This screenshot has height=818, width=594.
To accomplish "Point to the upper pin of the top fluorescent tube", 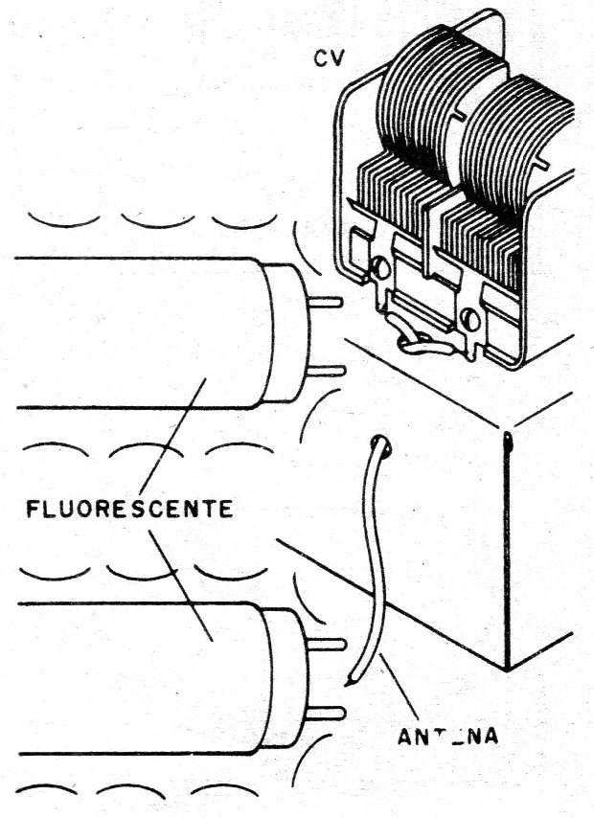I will click(328, 304).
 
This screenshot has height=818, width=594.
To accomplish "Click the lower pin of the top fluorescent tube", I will click(328, 370).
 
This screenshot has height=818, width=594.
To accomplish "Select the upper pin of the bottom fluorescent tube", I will click(331, 643).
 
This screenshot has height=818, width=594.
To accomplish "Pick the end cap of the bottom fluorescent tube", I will click(286, 676).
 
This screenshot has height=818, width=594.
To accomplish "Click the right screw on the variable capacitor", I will click(470, 313).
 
